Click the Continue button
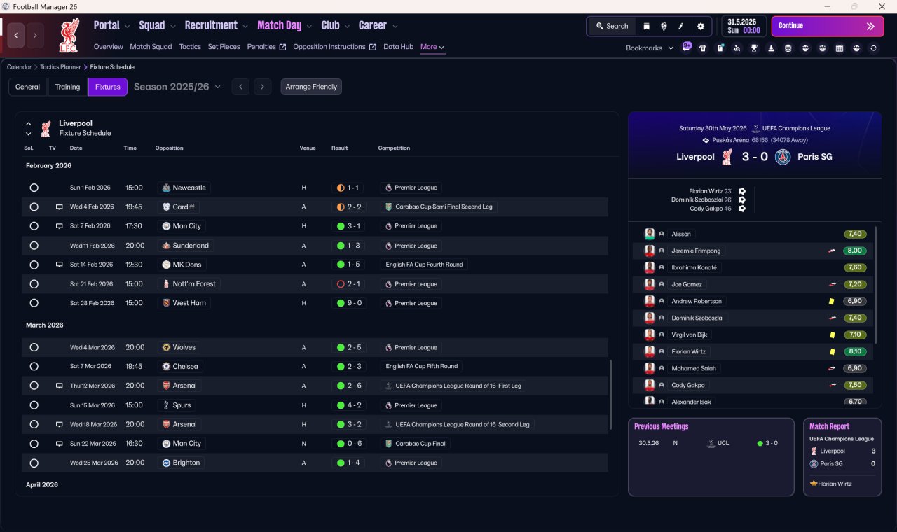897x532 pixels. pos(828,26)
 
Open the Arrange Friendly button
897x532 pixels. pos(311,87)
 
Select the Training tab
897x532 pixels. pos(67,87)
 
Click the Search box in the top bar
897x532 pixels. pos(612,26)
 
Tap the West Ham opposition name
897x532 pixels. pos(189,303)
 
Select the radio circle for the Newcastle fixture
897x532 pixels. pos(34,188)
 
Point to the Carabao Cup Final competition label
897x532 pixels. pos(420,444)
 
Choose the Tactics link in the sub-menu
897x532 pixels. pos(190,47)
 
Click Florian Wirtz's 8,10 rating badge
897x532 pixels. pos(854,351)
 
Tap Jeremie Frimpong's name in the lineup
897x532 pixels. pos(696,251)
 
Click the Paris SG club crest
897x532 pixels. pos(783,156)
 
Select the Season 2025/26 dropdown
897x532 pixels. pos(177,87)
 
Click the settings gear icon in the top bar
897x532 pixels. pos(700,27)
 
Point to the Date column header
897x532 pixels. pos(76,148)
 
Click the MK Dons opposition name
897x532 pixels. pos(186,265)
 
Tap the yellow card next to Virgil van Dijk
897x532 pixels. pos(832,335)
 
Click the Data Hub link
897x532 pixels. pos(398,47)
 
